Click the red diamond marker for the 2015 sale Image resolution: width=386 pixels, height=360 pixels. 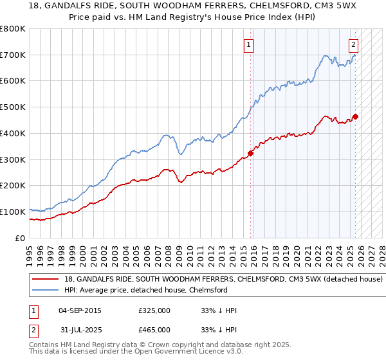(x=251, y=153)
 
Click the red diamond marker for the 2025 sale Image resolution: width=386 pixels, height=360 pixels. (x=355, y=116)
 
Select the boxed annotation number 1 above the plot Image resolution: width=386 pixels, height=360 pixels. (x=249, y=44)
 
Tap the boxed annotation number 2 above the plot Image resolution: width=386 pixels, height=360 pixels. (x=353, y=44)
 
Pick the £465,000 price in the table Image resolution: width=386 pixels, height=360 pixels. (x=154, y=330)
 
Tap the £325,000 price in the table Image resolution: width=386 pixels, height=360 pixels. (x=154, y=310)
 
